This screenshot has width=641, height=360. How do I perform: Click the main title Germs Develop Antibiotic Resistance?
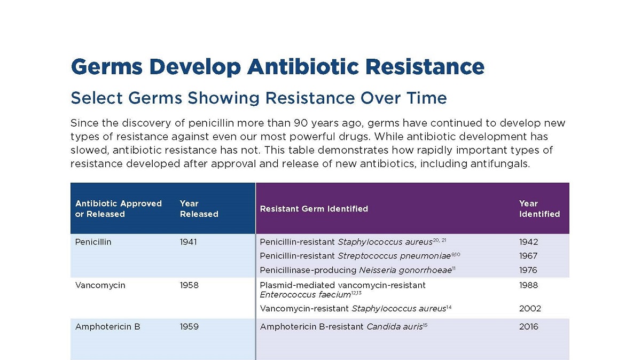[x=277, y=67]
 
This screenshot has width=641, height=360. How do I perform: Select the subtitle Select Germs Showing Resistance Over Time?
[x=259, y=98]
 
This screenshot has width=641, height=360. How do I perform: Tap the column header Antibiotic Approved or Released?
[x=118, y=209]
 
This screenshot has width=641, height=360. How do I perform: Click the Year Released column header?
[x=199, y=209]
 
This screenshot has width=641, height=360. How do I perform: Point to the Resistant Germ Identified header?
[x=314, y=209]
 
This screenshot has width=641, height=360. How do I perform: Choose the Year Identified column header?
[x=539, y=209]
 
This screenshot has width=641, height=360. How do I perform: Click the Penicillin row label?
[x=93, y=242]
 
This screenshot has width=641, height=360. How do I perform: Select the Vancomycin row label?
[x=100, y=285]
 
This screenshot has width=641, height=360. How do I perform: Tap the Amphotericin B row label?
[x=107, y=326]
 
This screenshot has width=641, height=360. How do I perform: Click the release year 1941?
[x=188, y=242]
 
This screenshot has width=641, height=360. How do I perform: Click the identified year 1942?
[x=528, y=242]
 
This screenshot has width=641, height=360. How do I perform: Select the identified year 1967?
[x=528, y=256]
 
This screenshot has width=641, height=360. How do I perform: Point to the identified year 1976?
[x=528, y=270]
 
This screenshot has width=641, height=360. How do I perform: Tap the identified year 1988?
[x=528, y=285]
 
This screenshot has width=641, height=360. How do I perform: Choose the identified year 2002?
[x=530, y=308]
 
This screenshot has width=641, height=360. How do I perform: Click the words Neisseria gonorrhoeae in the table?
[x=405, y=270]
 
